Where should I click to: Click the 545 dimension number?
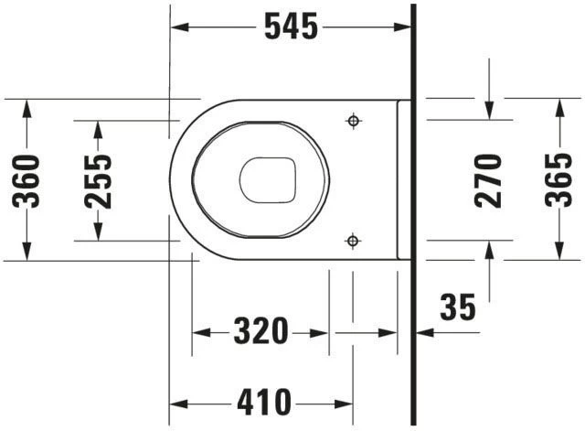291,27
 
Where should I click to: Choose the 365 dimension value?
558,180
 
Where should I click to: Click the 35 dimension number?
458,307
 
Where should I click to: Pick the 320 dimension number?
261,331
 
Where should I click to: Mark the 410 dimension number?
263,401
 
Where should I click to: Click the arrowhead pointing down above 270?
489,110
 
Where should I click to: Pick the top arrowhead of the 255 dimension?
98,128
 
